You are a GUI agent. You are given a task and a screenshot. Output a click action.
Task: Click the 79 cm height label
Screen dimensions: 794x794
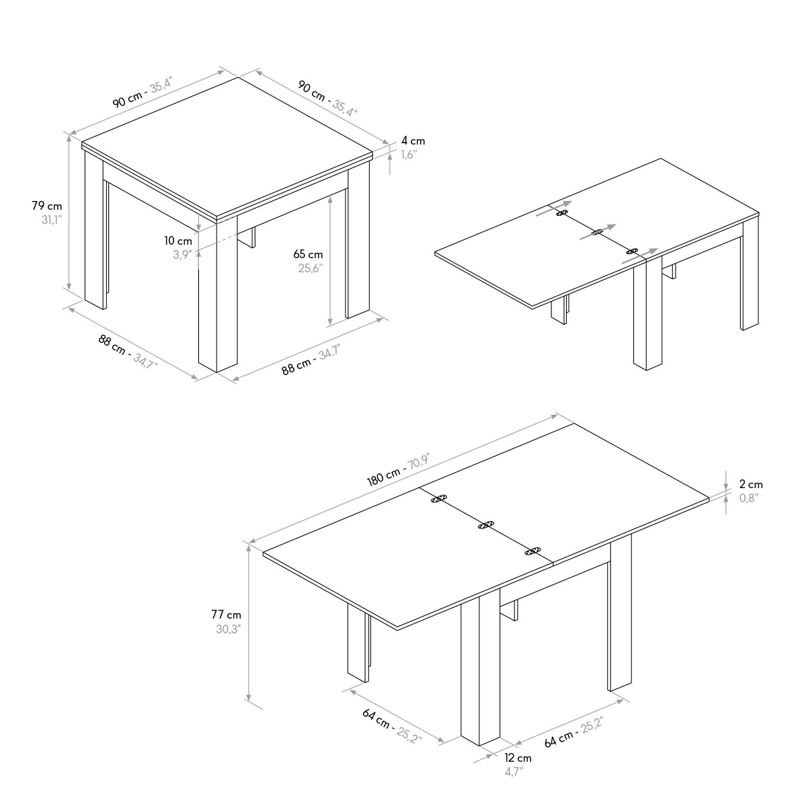point(46,206)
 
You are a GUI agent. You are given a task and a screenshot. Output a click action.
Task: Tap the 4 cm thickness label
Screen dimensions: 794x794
point(413,141)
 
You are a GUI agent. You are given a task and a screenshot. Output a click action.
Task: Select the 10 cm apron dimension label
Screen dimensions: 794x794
point(178,241)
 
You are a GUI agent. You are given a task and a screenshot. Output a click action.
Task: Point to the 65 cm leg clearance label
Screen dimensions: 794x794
point(308,254)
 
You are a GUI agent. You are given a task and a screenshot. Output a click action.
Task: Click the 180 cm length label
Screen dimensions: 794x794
point(383,477)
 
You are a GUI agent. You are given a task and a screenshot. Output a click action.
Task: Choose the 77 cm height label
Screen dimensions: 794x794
point(227,614)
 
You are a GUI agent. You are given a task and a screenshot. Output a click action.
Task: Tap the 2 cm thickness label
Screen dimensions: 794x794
point(751,485)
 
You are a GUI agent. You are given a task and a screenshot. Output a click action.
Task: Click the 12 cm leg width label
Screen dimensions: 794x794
point(518,758)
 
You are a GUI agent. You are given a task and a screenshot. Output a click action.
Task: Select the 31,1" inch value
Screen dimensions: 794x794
point(52,220)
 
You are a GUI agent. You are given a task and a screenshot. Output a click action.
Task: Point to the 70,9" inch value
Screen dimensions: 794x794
point(420,461)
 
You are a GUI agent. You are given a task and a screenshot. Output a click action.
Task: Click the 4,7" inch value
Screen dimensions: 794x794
point(514,772)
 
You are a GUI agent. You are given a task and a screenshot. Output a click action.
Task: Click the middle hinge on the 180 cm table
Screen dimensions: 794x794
point(485,525)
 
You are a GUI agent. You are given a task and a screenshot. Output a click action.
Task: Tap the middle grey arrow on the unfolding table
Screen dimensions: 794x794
point(598,232)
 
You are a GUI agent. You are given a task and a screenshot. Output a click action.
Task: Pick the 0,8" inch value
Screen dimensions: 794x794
point(750,498)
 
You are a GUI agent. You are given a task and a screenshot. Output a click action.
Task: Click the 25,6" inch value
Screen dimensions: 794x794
point(311,268)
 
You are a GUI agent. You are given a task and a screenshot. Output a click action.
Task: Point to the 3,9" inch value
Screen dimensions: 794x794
point(182,255)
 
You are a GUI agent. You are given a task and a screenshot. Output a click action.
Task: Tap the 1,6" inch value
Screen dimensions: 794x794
point(409,155)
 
